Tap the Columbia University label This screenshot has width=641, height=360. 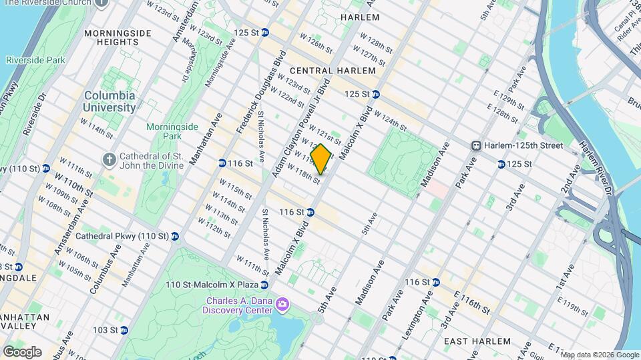pyautogui.click(x=110, y=101)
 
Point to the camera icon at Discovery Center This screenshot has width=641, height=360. pyautogui.click(x=282, y=305)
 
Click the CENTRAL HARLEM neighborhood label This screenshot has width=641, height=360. pyautogui.click(x=324, y=71)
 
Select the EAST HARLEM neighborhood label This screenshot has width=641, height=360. pyautogui.click(x=478, y=341)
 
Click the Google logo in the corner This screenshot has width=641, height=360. pyautogui.click(x=22, y=351)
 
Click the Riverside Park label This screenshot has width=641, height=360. pyautogui.click(x=35, y=60)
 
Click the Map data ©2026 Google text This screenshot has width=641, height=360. pyautogui.click(x=599, y=355)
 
